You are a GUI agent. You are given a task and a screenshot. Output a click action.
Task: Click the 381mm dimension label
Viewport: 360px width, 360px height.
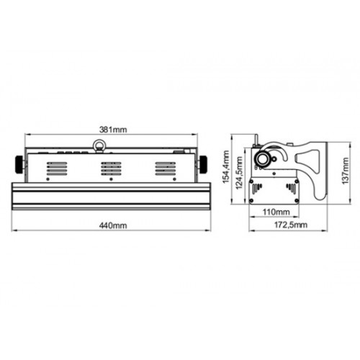pos(113,130)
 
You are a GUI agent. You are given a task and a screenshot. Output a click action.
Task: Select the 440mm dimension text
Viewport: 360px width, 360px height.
pos(113,225)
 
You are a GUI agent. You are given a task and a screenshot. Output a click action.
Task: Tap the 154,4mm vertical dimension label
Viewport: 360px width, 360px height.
pos(226,167)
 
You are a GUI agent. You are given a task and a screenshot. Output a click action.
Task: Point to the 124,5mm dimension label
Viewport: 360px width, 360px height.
pos(239,173)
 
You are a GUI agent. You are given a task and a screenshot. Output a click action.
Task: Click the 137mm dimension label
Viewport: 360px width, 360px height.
pos(345,171)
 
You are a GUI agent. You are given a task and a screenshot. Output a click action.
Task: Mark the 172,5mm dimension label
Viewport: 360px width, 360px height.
pos(291,225)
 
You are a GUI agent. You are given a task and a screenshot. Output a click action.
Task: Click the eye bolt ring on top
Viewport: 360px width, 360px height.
pos(99,145)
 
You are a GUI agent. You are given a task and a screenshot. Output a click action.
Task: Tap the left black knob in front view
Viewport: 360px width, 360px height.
pos(19,164)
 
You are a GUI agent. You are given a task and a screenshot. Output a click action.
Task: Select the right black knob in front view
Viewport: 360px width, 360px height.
pos(203,164)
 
